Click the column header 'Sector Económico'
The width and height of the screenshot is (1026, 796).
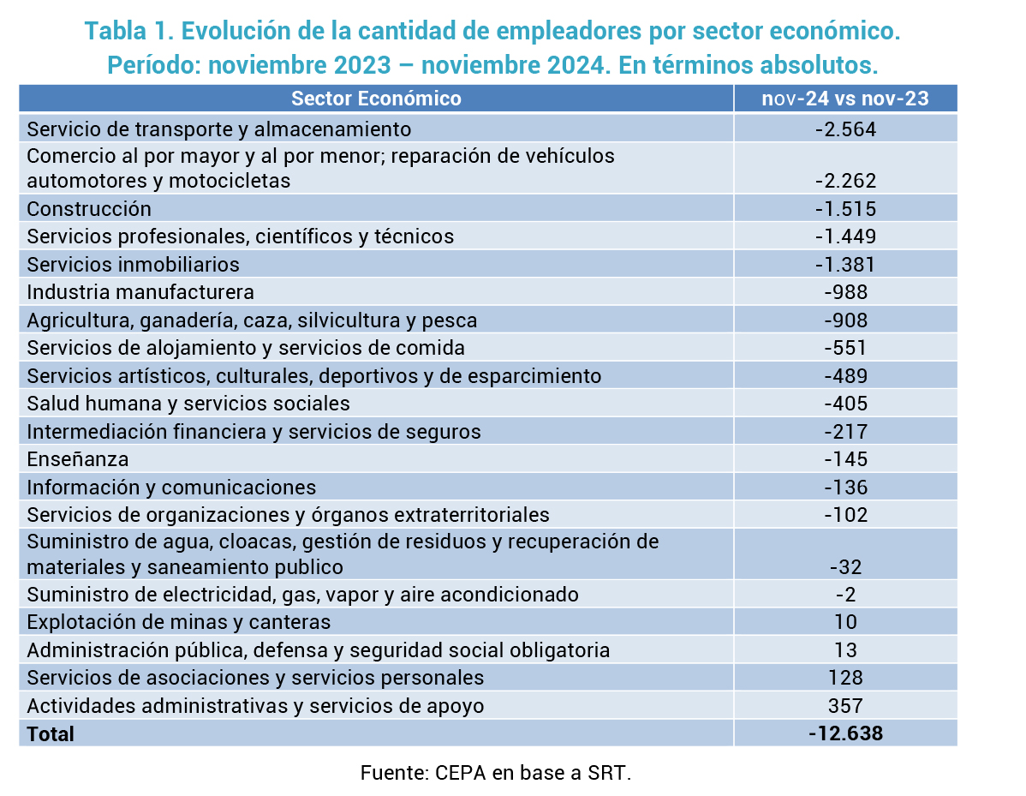coord(376,99)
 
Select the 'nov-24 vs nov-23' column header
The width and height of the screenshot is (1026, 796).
coord(845,99)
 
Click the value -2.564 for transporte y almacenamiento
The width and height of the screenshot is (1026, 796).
coord(845,129)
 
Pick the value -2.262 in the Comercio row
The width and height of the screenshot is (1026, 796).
coord(845,181)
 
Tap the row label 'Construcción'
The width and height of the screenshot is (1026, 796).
coord(89,209)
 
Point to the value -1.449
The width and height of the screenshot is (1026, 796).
coord(845,236)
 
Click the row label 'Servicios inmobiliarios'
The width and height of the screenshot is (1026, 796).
coord(134,264)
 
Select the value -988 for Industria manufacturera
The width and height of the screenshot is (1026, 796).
coord(845,292)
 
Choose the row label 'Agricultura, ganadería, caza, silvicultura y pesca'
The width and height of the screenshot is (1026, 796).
coord(252,320)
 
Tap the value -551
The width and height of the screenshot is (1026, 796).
coord(845,348)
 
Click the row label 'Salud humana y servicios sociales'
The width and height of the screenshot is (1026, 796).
coord(188,404)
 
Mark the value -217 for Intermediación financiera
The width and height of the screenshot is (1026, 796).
coord(845,432)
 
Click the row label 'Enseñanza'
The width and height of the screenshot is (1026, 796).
coord(78,459)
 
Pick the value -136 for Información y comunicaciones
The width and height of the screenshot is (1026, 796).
coord(845,488)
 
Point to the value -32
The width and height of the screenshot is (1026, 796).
coord(845,567)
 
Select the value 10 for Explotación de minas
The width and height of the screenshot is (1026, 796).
coord(845,622)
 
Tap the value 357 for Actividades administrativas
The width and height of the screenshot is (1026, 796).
coord(845,706)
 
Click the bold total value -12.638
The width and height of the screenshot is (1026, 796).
coord(845,733)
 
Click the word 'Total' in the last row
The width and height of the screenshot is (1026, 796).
coord(51,734)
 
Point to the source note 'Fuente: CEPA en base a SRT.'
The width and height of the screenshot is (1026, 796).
coord(496,772)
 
